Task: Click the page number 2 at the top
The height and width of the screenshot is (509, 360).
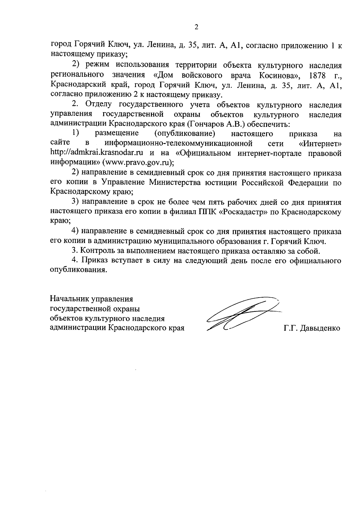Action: pos(196,27)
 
